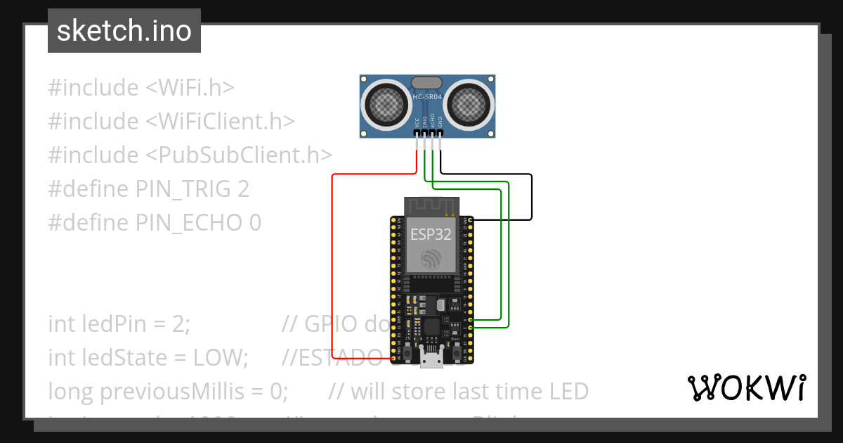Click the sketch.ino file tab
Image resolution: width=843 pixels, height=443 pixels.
click(124, 31)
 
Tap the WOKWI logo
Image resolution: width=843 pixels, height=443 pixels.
click(745, 387)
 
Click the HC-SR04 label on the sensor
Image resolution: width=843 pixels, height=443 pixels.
click(427, 96)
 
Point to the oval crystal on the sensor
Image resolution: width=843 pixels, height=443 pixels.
click(427, 83)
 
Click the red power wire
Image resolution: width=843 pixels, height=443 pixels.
click(332, 267)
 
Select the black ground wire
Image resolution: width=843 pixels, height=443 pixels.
click(532, 197)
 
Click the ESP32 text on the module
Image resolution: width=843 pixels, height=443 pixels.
click(431, 235)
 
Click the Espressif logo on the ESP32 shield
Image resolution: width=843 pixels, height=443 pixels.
click(431, 259)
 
